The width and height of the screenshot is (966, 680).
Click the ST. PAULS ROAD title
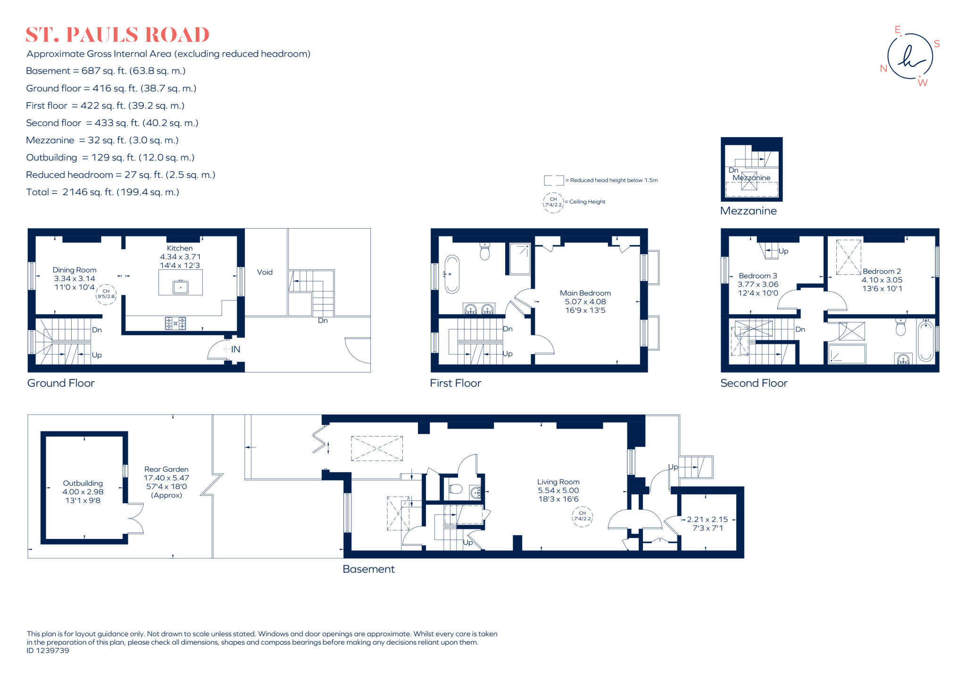[x=117, y=35]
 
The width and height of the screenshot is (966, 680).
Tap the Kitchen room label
[x=180, y=248]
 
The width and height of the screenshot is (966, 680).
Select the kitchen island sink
[x=181, y=287]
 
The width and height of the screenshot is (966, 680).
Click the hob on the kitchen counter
[x=175, y=323]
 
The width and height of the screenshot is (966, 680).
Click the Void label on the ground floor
[x=265, y=272]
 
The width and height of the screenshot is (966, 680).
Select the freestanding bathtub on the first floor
[x=452, y=274]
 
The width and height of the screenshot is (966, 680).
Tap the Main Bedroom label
[x=585, y=293]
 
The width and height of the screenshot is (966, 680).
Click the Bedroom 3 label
[x=758, y=276]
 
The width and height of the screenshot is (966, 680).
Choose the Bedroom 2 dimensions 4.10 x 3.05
[x=882, y=280]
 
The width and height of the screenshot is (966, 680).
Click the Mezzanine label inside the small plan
[x=751, y=178]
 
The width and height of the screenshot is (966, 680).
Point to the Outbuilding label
[x=83, y=483]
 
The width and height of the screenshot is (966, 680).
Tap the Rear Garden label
[x=166, y=469]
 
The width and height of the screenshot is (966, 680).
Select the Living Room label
[x=558, y=481]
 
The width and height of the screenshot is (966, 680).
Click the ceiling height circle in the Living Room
[x=582, y=516]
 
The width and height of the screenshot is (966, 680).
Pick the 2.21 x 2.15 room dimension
[x=707, y=519]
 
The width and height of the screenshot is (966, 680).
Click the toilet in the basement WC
[x=455, y=489]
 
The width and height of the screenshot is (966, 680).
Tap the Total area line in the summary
[x=102, y=192]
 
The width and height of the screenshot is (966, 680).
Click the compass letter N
[x=883, y=69]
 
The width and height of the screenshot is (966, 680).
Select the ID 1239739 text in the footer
[x=48, y=650]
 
